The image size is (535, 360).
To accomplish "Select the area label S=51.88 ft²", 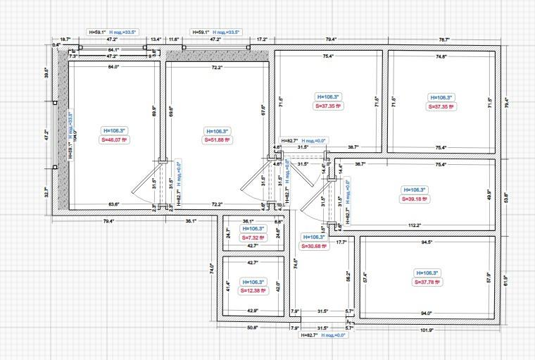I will [218, 139].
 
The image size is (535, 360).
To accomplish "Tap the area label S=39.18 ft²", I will [415, 199].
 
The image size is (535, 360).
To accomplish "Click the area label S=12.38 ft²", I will [255, 290].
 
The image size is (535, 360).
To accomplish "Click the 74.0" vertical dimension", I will [212, 268].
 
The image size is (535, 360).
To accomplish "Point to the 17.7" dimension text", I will [341, 242].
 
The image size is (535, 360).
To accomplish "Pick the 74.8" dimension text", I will [441, 56].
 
